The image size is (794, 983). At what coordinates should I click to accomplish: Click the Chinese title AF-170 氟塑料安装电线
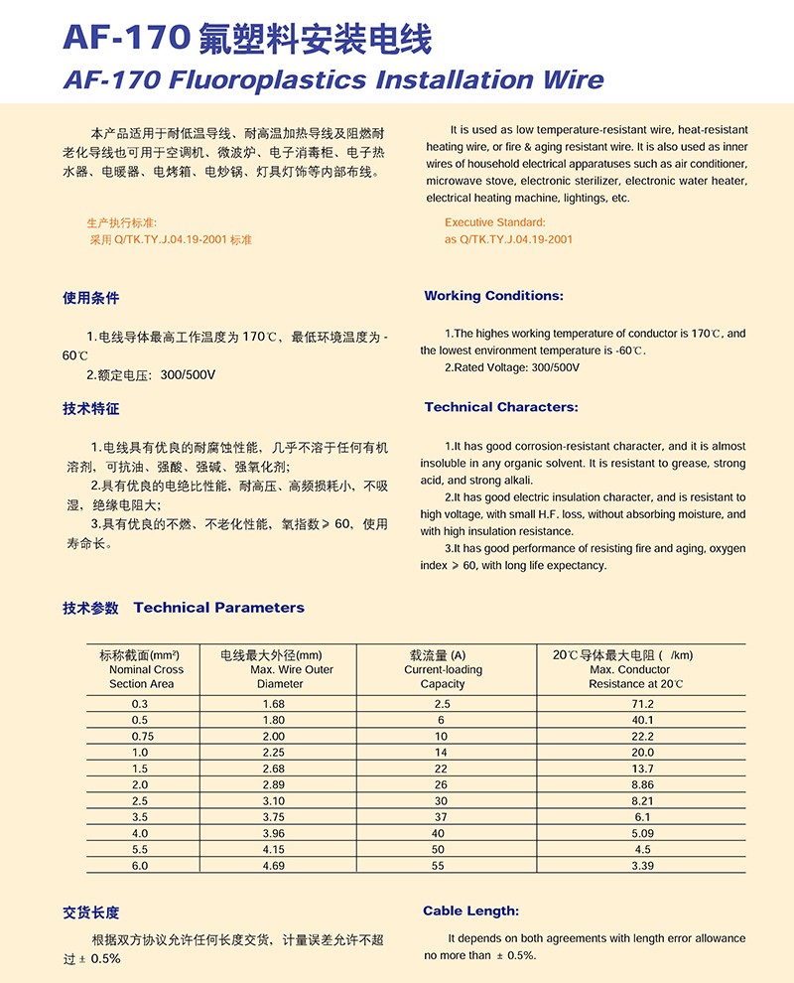click(247, 39)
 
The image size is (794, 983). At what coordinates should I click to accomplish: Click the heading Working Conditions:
click(493, 296)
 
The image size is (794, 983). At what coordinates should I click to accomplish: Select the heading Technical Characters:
click(500, 407)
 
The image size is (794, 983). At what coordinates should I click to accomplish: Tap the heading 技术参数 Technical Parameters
click(184, 608)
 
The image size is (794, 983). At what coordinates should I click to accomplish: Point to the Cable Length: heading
click(470, 911)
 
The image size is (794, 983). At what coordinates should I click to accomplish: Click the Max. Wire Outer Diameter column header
click(279, 669)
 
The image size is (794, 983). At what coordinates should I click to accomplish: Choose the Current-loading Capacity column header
click(443, 669)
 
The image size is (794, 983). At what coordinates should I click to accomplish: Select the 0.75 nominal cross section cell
click(141, 736)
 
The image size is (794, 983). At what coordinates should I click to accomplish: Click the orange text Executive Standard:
click(494, 222)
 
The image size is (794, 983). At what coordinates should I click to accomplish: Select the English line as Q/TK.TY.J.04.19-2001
click(508, 239)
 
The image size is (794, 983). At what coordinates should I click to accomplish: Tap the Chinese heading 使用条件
click(90, 298)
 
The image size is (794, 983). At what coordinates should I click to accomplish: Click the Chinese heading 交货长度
click(90, 913)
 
